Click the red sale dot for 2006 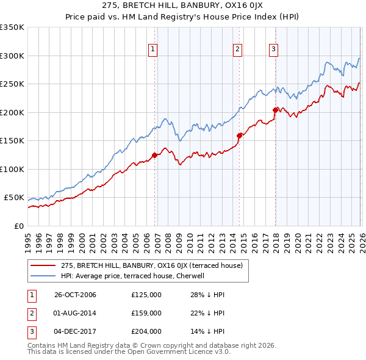coord(154,155)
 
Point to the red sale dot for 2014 coord(239,135)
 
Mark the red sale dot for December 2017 coord(275,110)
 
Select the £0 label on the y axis coord(18,226)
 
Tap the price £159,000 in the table coord(146,313)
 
